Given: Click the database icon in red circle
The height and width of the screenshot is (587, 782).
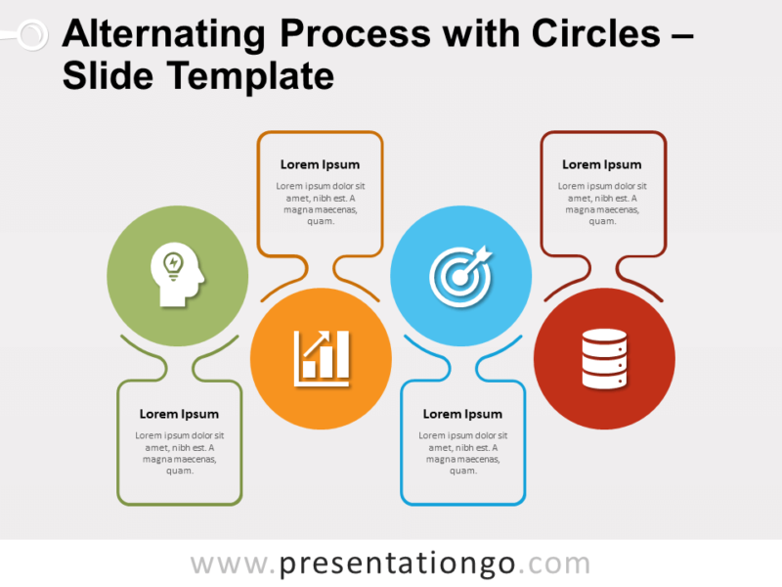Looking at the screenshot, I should (x=603, y=357).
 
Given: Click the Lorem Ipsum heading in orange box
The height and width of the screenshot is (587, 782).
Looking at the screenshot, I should (x=320, y=164).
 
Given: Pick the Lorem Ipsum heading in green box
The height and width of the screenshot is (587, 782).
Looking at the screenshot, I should (x=179, y=414).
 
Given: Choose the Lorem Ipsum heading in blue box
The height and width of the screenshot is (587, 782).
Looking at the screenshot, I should (x=462, y=414).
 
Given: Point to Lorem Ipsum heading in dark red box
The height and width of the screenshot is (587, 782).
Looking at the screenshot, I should (x=602, y=164).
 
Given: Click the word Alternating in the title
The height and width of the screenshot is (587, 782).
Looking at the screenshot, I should (x=163, y=34).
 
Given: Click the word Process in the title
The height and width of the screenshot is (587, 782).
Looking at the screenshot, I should (x=354, y=34).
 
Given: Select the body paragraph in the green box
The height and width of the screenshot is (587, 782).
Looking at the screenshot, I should (x=179, y=452).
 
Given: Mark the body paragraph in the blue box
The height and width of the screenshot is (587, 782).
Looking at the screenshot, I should (x=462, y=452).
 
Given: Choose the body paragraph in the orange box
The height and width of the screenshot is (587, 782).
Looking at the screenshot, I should (x=320, y=203).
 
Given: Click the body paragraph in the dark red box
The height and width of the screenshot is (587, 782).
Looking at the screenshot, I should (x=602, y=203).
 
